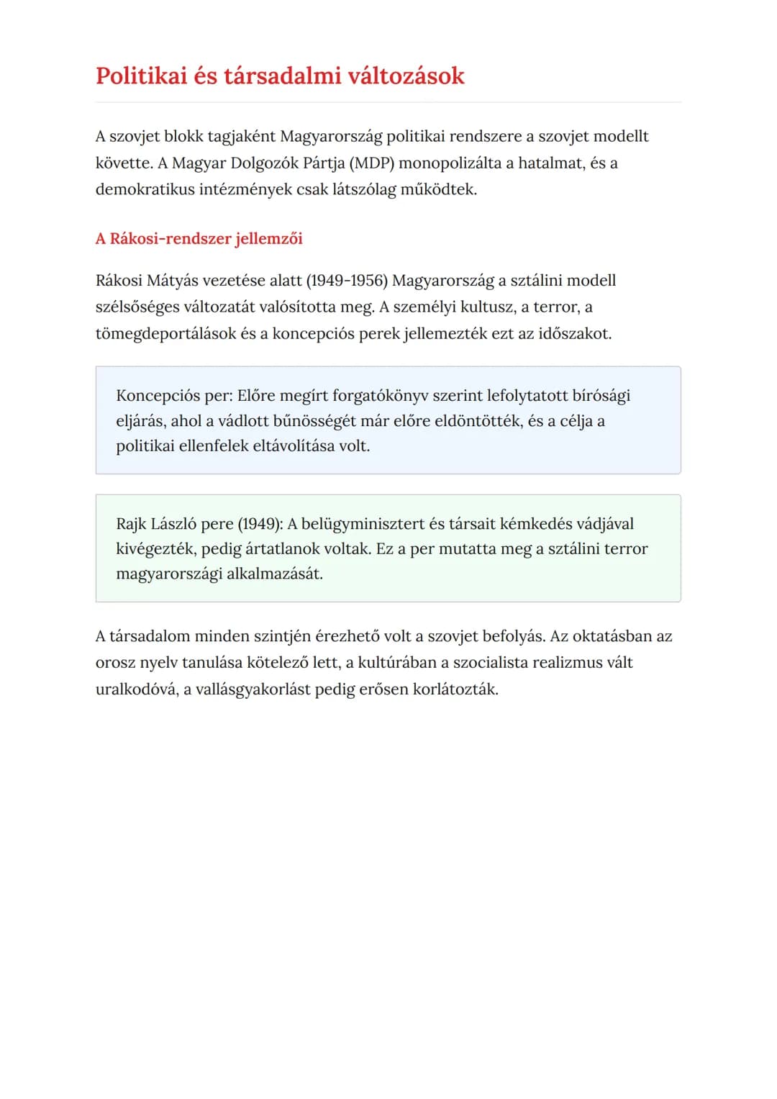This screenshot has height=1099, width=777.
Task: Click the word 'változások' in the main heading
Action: point(406,76)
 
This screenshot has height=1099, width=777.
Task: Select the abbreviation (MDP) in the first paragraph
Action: point(371,163)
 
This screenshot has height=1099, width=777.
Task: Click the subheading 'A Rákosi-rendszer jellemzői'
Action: point(199,239)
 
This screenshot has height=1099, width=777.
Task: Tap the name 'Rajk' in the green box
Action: point(131,524)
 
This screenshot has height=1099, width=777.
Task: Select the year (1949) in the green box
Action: point(260,524)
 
